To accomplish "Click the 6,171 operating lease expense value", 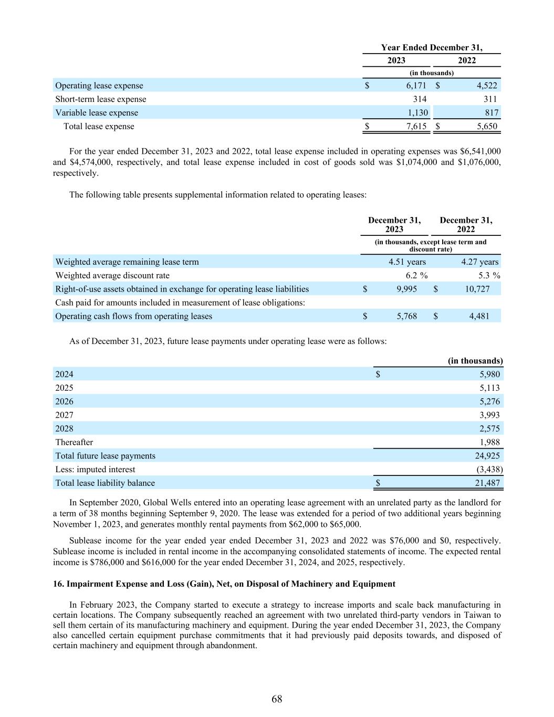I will coord(416,86).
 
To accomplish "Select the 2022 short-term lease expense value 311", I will coord(489,99).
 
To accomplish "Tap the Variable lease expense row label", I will coord(97,113).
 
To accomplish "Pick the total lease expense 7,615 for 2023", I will coord(416,127).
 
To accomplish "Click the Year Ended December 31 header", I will coord(431,48).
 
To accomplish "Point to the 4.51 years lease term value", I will coord(407,262).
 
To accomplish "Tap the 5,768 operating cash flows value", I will coord(406,316).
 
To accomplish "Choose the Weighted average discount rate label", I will coord(112,275).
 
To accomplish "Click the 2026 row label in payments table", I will coord(64,401).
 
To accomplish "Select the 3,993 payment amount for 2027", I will coord(489,415).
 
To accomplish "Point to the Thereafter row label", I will coord(74,442).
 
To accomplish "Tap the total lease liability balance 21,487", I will coord(487,483).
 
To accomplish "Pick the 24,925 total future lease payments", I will coord(487,456).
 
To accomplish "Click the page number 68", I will coord(277,699).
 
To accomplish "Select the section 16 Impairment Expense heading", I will coord(224,584).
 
